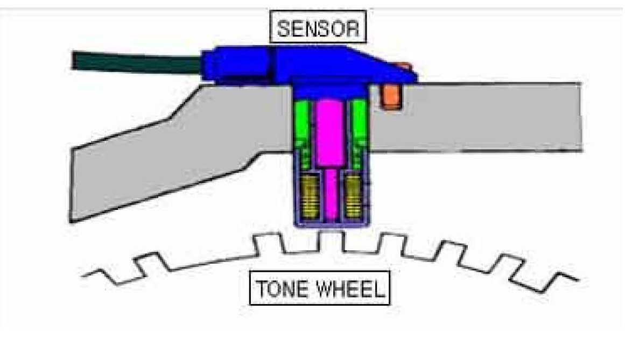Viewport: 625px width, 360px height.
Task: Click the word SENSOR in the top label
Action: coord(318,27)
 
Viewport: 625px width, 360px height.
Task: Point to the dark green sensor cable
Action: coord(135,62)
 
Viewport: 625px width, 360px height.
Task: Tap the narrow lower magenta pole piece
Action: coord(330,194)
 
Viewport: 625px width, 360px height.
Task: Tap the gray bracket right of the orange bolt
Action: coord(484,118)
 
